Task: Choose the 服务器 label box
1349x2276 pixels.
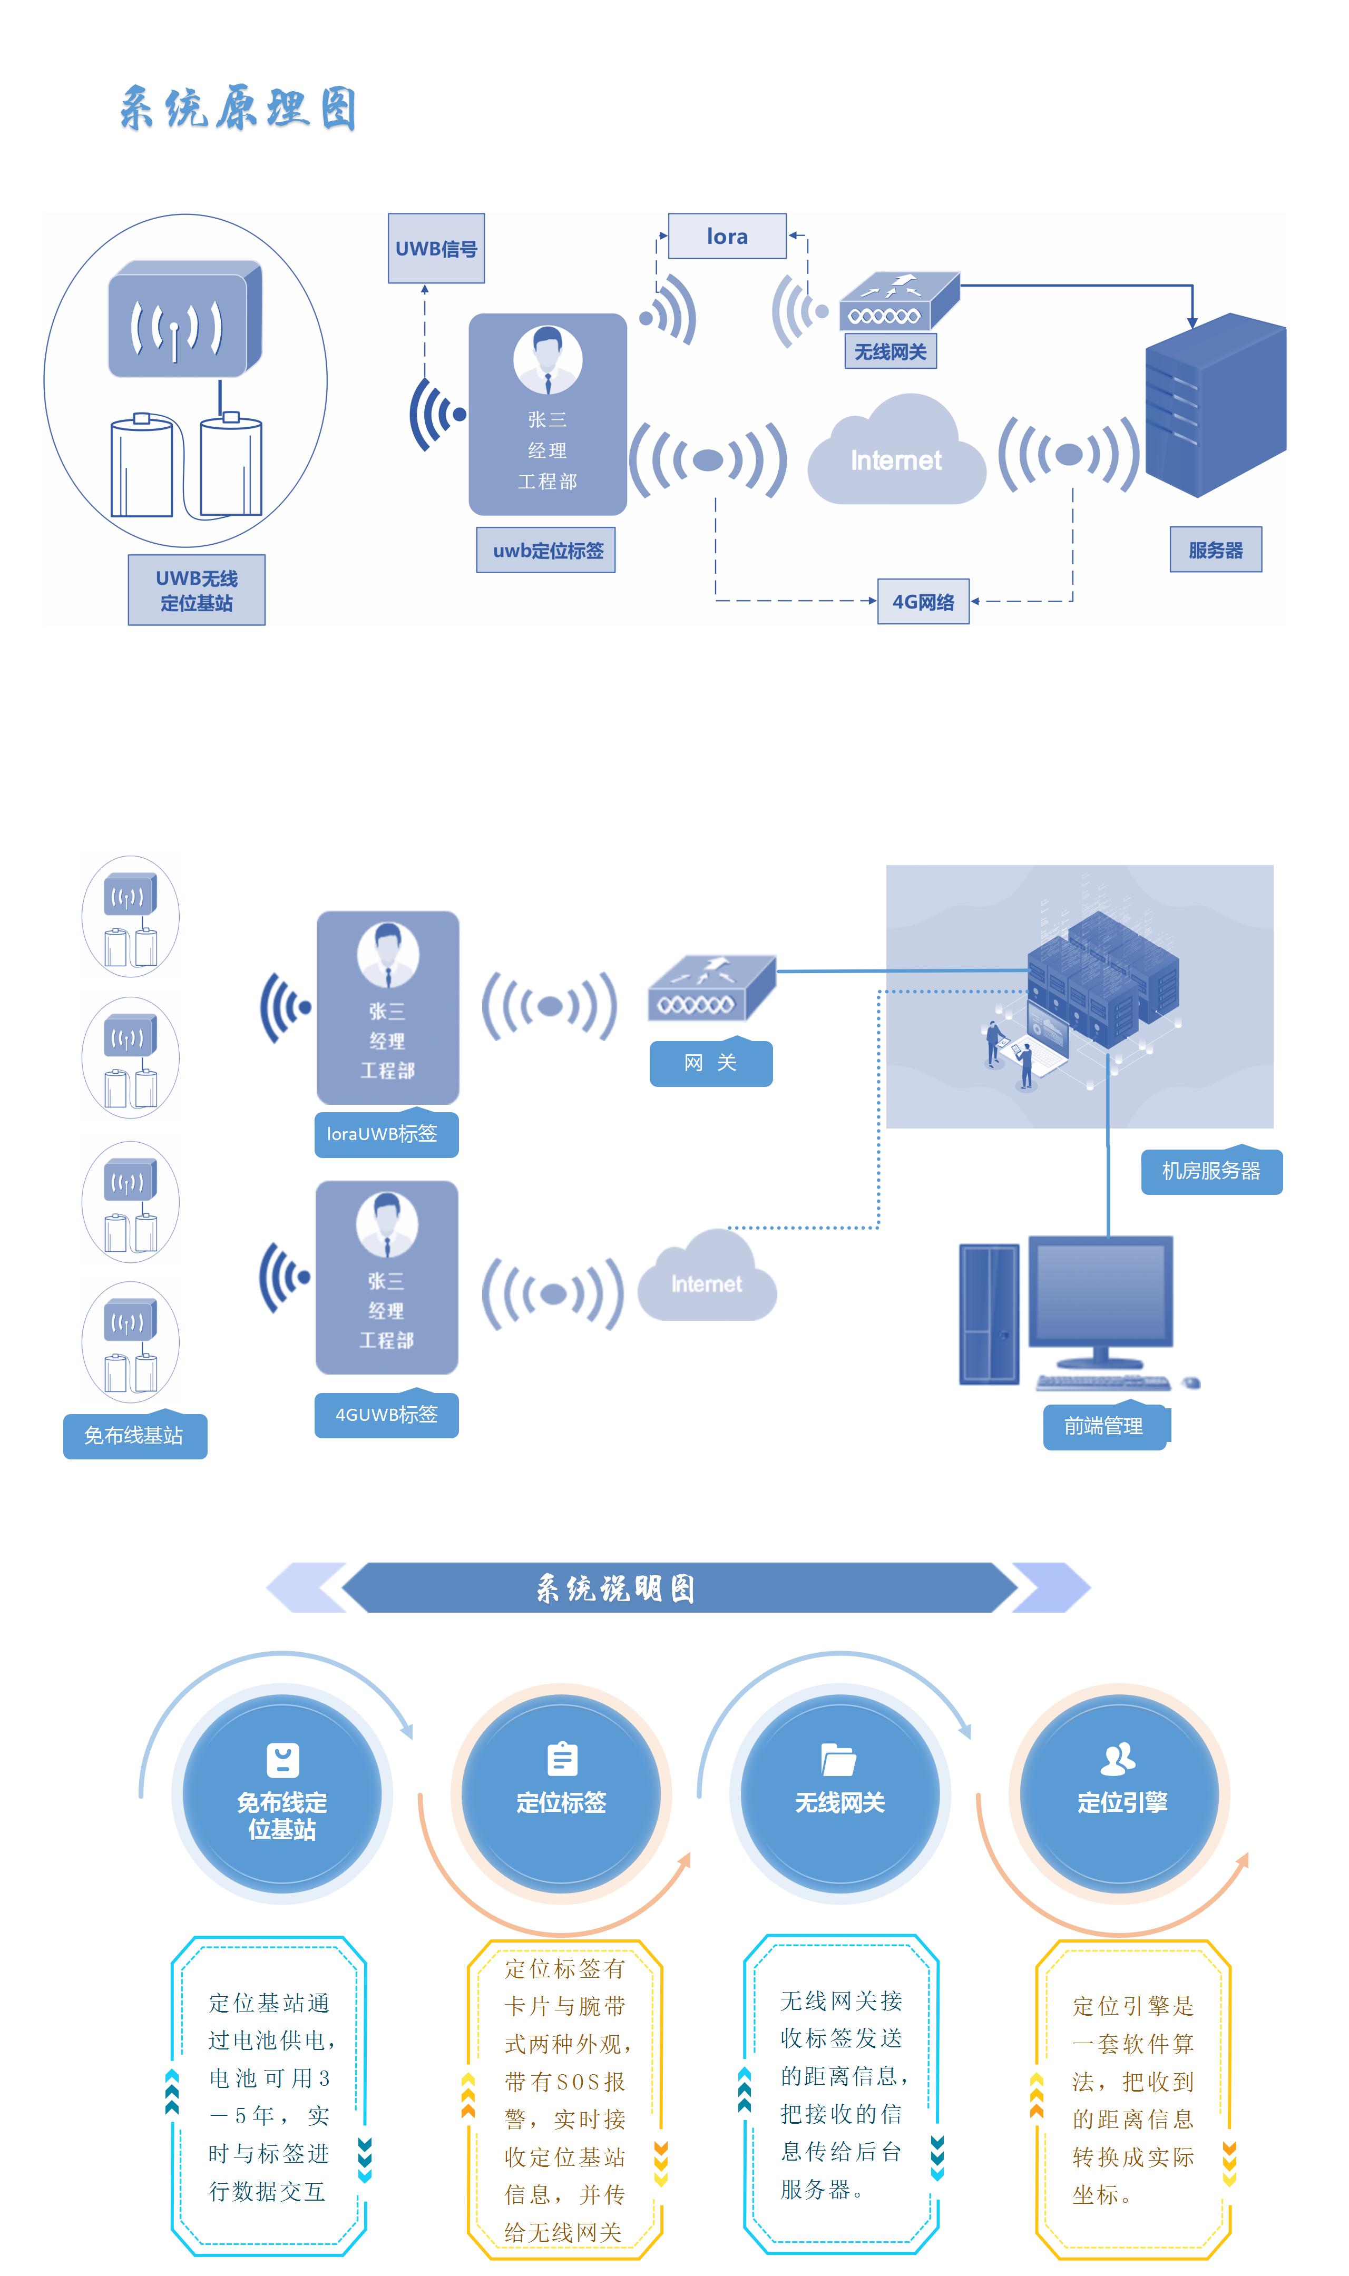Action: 1215,550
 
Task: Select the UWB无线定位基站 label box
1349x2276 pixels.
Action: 197,590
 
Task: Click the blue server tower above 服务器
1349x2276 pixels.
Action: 1215,404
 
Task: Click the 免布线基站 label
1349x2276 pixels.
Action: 134,1436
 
